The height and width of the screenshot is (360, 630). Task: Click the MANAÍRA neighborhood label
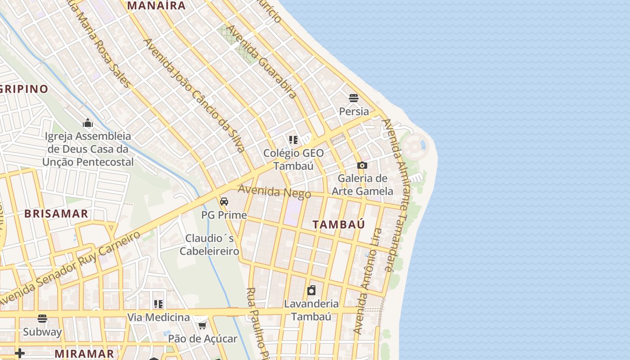coord(156,6)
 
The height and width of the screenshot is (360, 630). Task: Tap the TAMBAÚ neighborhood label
coord(338,225)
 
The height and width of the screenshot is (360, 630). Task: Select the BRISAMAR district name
coord(56,214)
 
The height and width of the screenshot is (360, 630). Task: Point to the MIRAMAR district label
coord(84,354)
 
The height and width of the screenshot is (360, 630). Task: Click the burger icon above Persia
coord(354,98)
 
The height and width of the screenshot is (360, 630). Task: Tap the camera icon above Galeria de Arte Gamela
coord(362,166)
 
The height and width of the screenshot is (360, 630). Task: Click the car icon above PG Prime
coord(224,202)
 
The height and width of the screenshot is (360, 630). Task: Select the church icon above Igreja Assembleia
coord(87,123)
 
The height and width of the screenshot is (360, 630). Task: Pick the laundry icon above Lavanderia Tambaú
coord(311,290)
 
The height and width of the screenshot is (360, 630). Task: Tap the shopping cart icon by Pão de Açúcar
coord(202,325)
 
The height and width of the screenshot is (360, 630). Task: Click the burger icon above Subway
coord(42,319)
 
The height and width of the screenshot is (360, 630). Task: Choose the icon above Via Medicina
coord(158,304)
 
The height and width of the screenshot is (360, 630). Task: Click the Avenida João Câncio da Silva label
coord(194,95)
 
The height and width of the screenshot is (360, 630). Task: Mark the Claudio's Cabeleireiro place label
coord(209,244)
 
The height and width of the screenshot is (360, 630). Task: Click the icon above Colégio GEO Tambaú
coord(293,140)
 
